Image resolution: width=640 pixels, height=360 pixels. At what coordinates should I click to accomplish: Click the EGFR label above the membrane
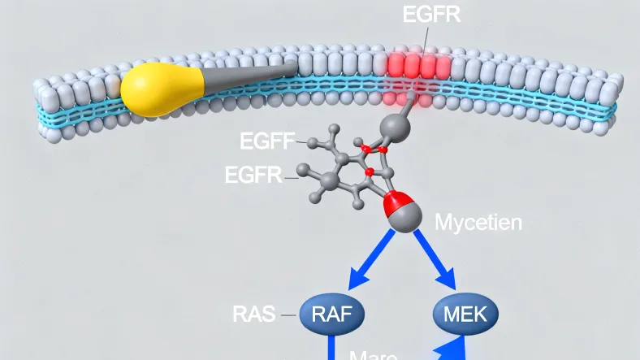pos(431,15)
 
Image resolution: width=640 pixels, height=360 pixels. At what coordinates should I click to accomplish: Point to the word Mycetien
pos(479,221)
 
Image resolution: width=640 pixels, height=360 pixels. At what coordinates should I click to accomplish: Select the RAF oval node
pos(331,312)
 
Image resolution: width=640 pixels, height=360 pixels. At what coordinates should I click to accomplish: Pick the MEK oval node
pos(465,312)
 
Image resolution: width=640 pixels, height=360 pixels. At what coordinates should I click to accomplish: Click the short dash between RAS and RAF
pos(288,314)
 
